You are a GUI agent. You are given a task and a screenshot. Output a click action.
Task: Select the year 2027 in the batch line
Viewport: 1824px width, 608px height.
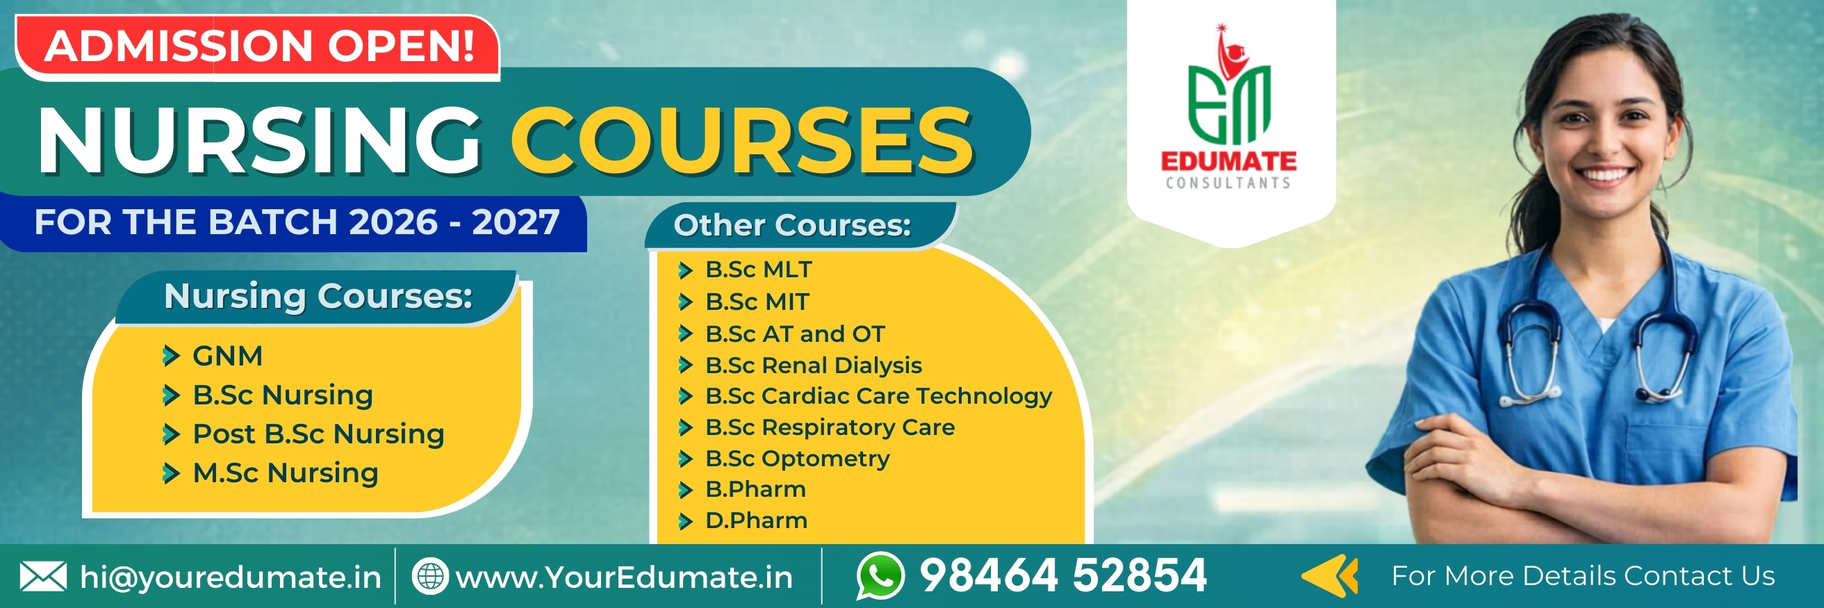pos(516,222)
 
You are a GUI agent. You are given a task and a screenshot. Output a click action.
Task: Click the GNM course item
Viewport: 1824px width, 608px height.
pos(227,356)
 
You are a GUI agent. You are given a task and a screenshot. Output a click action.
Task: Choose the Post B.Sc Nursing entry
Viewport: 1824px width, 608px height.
pos(319,434)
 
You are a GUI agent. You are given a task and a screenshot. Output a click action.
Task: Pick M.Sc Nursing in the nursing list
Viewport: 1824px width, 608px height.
pos(286,473)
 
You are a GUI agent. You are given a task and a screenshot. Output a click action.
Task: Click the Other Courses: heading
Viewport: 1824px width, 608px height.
pos(792,225)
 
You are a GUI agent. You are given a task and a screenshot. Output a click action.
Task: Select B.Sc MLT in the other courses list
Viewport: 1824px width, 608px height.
pos(758,270)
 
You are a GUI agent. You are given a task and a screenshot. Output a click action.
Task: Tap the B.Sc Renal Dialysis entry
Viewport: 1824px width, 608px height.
pos(814,365)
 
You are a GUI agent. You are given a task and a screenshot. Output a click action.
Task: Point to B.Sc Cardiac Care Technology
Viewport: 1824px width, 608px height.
pos(879,396)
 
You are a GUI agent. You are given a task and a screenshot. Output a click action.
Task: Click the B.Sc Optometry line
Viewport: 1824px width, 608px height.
pos(797,459)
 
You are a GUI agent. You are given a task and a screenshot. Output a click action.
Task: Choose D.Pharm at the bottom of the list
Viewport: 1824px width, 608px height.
pos(756,521)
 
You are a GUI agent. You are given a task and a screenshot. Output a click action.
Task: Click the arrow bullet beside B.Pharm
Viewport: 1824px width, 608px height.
pos(684,490)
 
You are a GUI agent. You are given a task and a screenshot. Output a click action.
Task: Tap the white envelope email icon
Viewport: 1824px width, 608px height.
pos(43,577)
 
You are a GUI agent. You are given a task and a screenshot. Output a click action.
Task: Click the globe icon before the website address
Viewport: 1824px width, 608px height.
pos(430,576)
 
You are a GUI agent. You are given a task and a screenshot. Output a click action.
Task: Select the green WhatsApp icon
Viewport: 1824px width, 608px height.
pos(880,575)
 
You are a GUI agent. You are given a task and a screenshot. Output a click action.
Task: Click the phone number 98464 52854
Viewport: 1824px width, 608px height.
pos(1063,575)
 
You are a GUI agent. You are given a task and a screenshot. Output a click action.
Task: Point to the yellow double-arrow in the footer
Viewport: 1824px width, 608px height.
pos(1330,576)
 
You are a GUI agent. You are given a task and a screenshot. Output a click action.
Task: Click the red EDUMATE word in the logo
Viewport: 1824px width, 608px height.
pos(1229,161)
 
